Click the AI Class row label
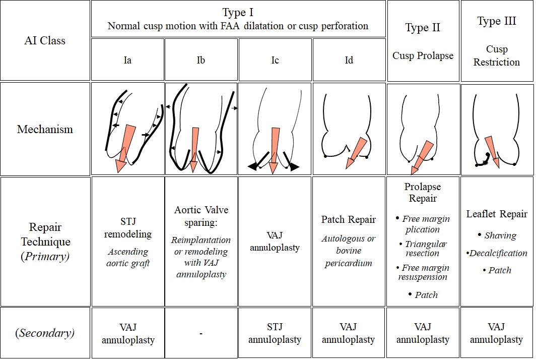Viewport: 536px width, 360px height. pyautogui.click(x=45, y=41)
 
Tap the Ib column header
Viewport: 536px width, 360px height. pyautogui.click(x=201, y=60)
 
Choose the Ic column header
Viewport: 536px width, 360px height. pyautogui.click(x=275, y=60)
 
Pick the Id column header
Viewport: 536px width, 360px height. pyautogui.click(x=349, y=60)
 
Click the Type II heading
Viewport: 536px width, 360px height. pyautogui.click(x=423, y=28)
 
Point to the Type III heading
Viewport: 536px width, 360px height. pyautogui.click(x=496, y=21)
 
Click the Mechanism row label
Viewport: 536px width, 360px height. pyautogui.click(x=45, y=129)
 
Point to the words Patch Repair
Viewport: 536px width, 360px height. pyautogui.click(x=348, y=219)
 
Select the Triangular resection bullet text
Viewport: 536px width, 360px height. pyautogui.click(x=426, y=249)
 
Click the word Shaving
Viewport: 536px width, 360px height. pyautogui.click(x=500, y=235)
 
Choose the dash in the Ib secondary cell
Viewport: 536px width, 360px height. pyautogui.click(x=201, y=334)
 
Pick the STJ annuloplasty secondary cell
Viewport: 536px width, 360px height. pyautogui.click(x=275, y=333)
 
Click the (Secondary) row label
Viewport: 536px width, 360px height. pyautogui.click(x=45, y=333)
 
